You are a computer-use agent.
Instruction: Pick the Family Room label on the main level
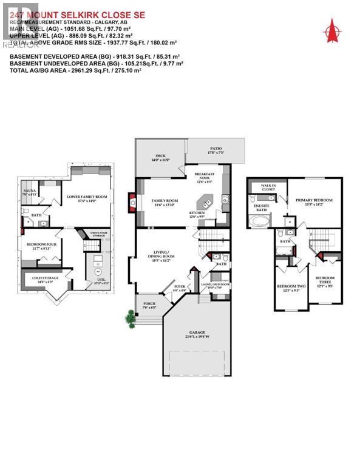coord(165,200)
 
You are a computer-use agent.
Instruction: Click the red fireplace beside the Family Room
coord(132,200)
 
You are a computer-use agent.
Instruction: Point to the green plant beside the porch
coord(130,316)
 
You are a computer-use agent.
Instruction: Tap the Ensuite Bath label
coord(261,208)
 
